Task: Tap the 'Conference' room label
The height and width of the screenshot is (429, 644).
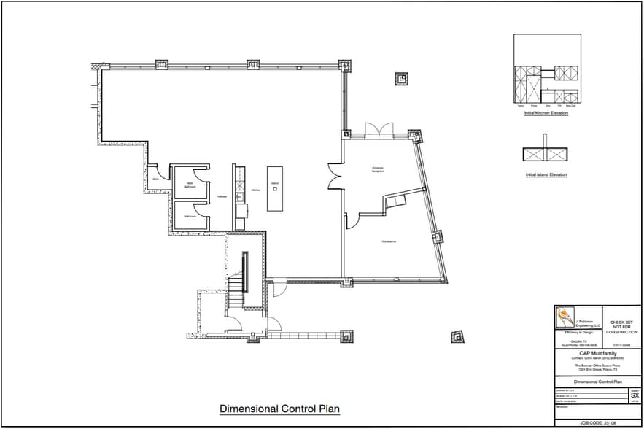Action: click(x=388, y=241)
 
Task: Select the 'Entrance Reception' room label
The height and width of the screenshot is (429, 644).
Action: click(x=378, y=169)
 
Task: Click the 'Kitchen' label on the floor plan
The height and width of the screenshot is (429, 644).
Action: click(x=255, y=190)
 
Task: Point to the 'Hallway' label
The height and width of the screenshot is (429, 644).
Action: click(x=222, y=196)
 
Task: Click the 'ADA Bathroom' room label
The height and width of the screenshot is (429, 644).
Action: click(x=190, y=185)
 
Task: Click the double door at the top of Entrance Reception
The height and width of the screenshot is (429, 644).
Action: click(x=378, y=130)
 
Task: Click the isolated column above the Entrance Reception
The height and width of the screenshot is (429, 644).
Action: click(x=401, y=78)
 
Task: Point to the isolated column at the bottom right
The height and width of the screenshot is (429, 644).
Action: click(x=457, y=336)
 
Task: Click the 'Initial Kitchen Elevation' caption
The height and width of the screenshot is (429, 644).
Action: click(x=546, y=114)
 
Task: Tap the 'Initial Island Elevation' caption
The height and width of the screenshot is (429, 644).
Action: click(x=546, y=175)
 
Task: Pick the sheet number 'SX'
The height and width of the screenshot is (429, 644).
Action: click(x=635, y=395)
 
